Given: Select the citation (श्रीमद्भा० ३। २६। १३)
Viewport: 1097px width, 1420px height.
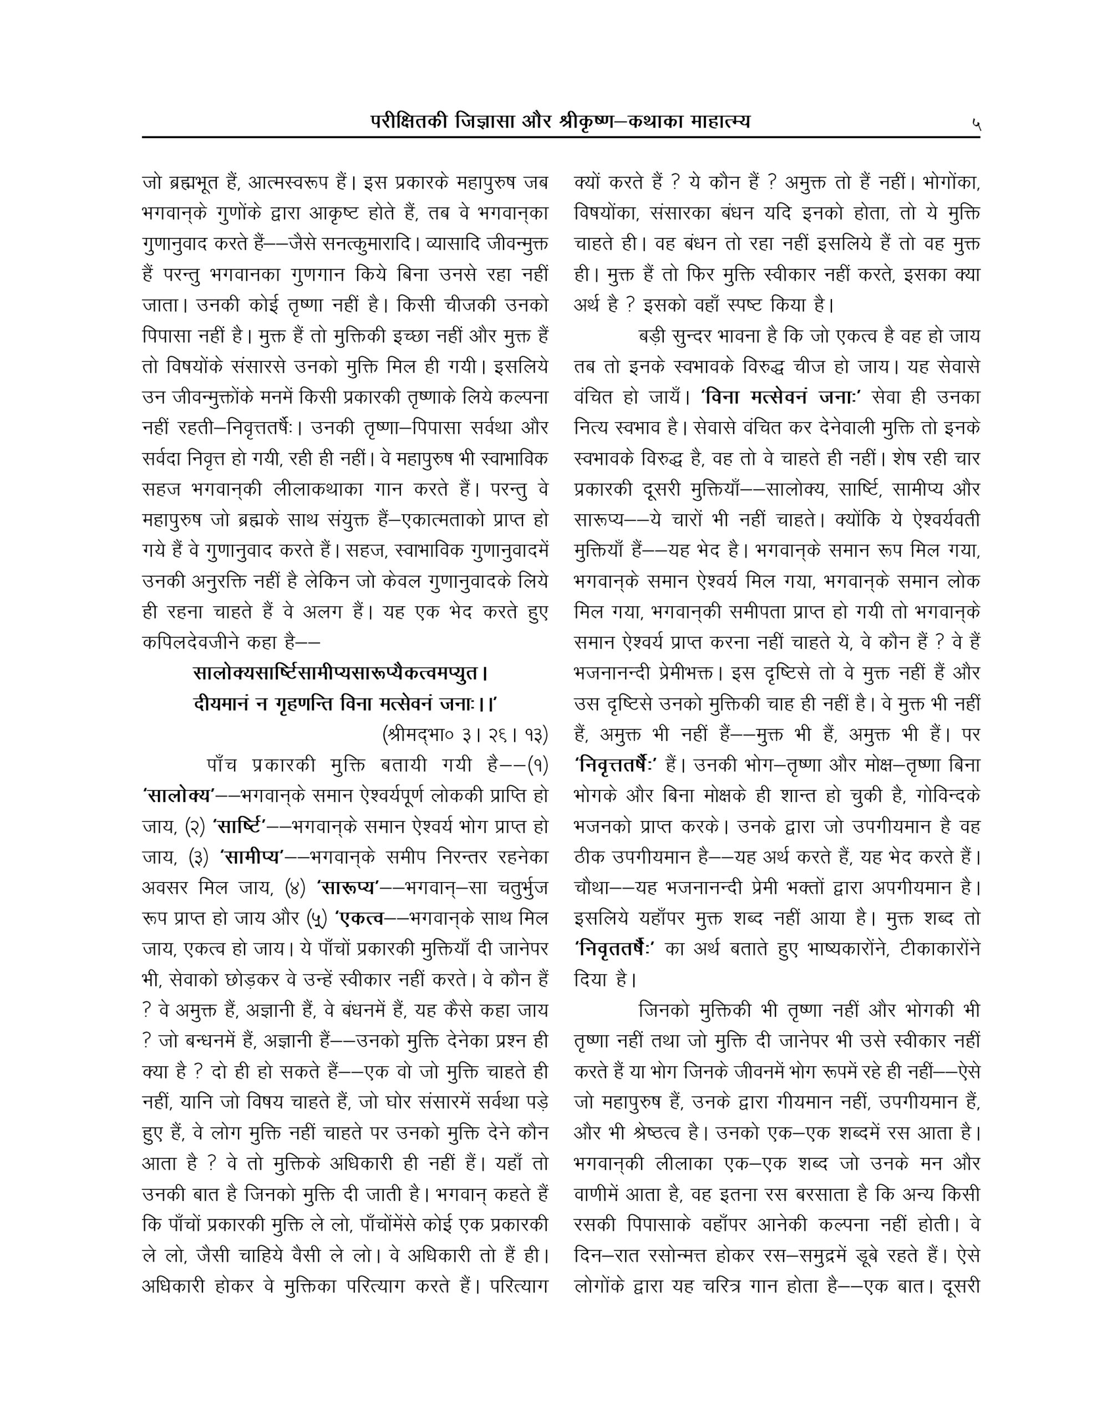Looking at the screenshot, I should pos(465,736).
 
